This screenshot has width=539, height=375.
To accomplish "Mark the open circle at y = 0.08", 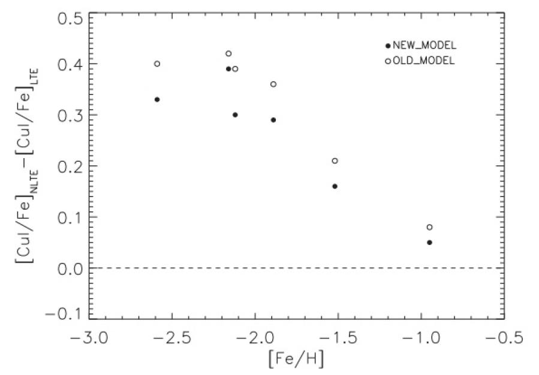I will tap(429, 227).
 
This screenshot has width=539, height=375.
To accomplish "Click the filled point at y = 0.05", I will tap(429, 242).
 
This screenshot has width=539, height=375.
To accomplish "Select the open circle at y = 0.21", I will tap(335, 161).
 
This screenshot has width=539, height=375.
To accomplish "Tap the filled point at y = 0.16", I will tap(335, 186).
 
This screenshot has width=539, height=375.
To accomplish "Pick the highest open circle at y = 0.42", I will tap(228, 53).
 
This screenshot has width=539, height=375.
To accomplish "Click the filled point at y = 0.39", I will tap(228, 69).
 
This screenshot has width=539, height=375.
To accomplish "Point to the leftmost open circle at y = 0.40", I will tap(157, 63).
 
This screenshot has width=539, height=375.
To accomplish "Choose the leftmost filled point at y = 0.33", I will tap(157, 99).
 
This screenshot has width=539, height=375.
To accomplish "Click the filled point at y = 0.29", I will tap(273, 120).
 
